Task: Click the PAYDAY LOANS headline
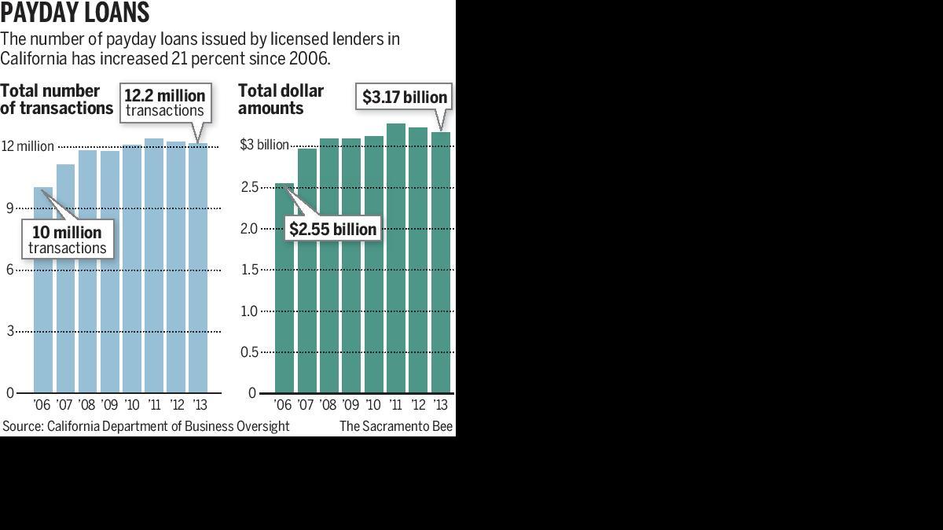(75, 12)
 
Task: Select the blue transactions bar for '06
(43, 290)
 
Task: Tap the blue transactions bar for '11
(154, 266)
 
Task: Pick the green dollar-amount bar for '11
(396, 258)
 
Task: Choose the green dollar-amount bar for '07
(307, 271)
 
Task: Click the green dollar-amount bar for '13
(440, 263)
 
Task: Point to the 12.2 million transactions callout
(165, 102)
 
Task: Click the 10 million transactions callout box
(68, 239)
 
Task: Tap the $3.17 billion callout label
(404, 97)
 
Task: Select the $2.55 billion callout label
(332, 229)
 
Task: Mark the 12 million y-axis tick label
(28, 146)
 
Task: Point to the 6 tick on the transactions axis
(10, 270)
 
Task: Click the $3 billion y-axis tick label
(264, 145)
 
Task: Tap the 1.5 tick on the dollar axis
(249, 270)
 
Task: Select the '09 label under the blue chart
(109, 405)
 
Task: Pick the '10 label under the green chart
(373, 405)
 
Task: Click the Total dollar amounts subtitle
(281, 99)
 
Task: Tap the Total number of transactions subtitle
(57, 99)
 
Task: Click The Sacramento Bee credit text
(396, 426)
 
